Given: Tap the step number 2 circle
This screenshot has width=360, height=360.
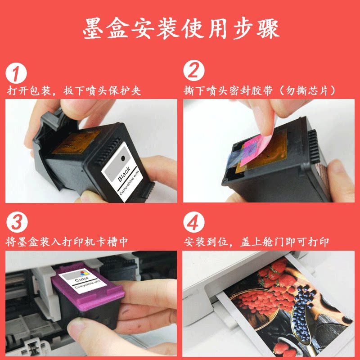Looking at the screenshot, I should click(194, 72).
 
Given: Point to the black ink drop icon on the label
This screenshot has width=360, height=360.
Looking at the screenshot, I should click(124, 158).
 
